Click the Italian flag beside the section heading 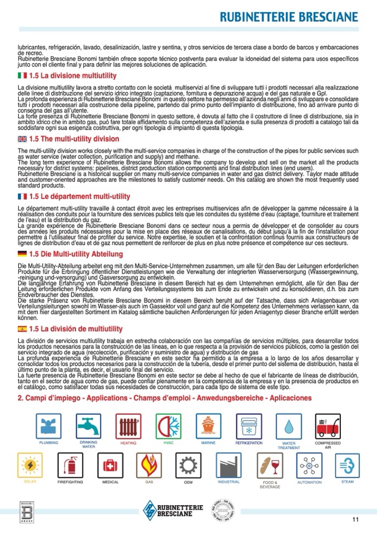click(22, 75)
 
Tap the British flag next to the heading click(22, 139)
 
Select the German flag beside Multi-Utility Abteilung click(22, 254)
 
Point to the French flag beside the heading click(22, 197)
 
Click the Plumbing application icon click(48, 426)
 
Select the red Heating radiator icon click(128, 426)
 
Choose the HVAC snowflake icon click(168, 426)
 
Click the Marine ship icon click(209, 426)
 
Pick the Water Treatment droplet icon click(289, 426)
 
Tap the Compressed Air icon click(328, 426)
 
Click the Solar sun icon click(30, 466)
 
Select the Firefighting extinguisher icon click(70, 466)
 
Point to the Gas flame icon click(150, 466)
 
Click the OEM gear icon click(188, 466)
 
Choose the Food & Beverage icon click(270, 466)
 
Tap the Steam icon click(348, 466)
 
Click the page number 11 click(355, 519)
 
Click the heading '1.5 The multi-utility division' click(73, 139)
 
